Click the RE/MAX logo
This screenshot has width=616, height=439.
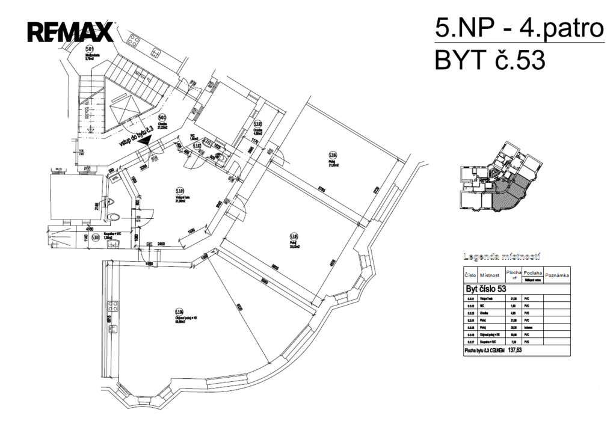click(70, 31)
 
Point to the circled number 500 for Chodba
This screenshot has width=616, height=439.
click(162, 118)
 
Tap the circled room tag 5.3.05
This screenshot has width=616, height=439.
click(294, 236)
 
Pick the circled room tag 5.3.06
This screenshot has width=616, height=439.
click(179, 312)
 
